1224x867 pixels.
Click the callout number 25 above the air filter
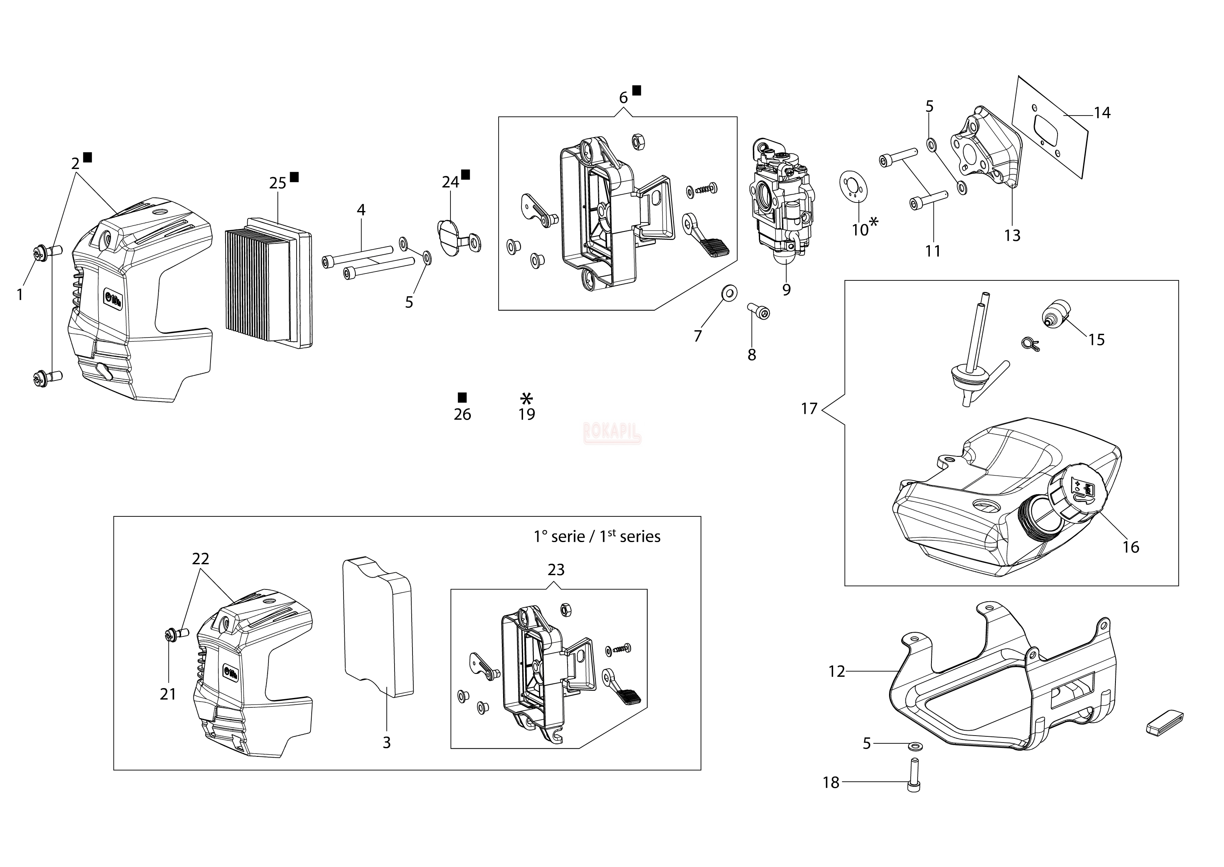pos(277,183)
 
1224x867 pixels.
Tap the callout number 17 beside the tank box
pos(809,409)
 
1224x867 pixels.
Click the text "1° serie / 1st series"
pos(596,536)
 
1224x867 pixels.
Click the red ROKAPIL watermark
pos(612,432)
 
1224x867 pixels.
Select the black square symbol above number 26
pos(462,397)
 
